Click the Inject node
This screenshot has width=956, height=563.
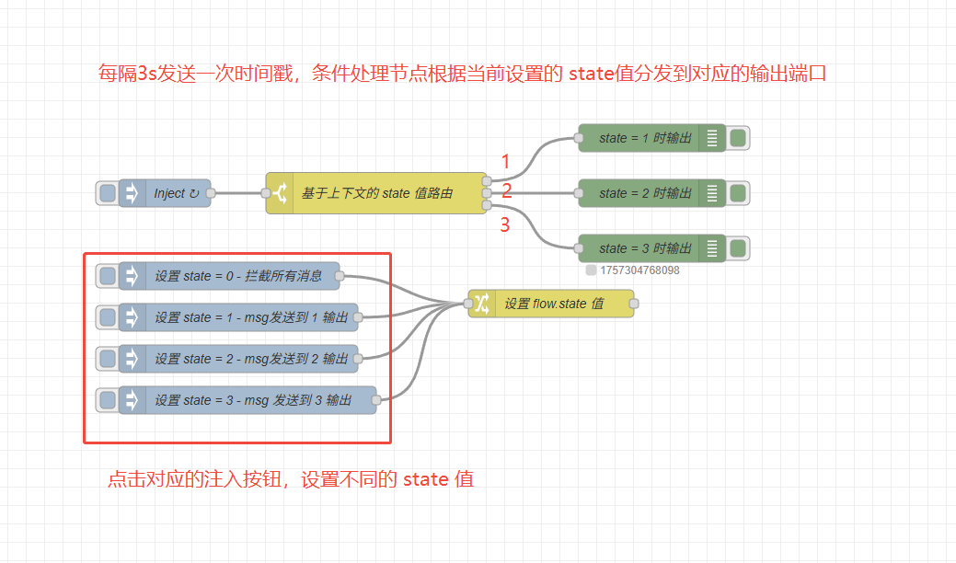click(x=169, y=193)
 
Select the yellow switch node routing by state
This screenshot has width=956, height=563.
click(x=376, y=193)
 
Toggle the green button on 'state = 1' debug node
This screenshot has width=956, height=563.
click(x=738, y=138)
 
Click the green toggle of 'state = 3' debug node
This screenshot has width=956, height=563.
click(x=738, y=248)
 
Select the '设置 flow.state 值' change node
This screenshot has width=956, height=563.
click(x=552, y=304)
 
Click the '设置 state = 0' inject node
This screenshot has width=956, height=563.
click(x=237, y=276)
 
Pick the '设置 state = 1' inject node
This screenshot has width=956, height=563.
click(x=250, y=317)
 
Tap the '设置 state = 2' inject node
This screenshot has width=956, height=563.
click(x=250, y=359)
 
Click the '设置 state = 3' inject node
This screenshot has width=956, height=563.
click(x=259, y=400)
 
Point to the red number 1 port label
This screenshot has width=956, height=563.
click(x=505, y=162)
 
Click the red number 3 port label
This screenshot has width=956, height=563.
click(x=504, y=225)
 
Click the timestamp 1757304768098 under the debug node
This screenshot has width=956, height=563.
click(x=639, y=270)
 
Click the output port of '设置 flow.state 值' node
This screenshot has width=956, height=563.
click(x=634, y=304)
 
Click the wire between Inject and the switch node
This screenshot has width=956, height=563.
click(x=238, y=193)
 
